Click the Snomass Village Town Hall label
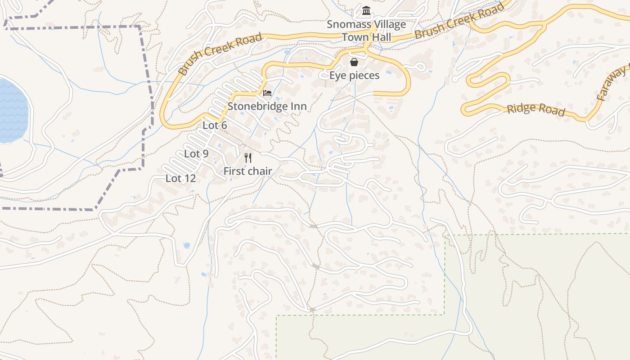pos(366,31)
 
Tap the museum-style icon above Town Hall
pos(366,11)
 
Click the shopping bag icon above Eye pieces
pos(354,62)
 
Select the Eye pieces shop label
pos(354,75)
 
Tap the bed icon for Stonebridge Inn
pos(267,93)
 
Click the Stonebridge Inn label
pos(267,106)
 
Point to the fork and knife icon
pos(247,157)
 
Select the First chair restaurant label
pos(247,171)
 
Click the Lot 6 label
pos(215,125)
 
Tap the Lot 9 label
pos(196,153)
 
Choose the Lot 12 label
pos(180,178)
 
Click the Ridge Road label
pos(535,109)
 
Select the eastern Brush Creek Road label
pos(459,21)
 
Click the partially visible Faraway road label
pos(612,83)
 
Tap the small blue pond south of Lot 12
pos(187,245)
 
